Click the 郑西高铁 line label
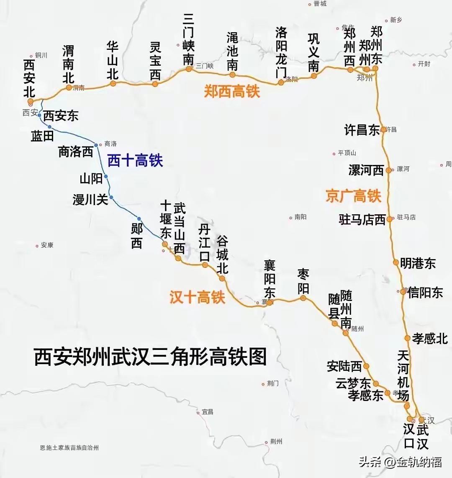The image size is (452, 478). point(232,91)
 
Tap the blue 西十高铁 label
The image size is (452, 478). point(135,160)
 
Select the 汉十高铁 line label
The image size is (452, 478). point(197,297)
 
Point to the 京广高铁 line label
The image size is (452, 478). point(354,196)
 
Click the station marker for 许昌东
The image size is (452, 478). point(383,130)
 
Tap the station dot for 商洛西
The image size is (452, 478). point(96,145)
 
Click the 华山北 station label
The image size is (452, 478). point(112,60)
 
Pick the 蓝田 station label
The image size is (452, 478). point(42,136)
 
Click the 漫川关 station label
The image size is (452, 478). point(90,200)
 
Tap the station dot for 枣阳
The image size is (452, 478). point(303,298)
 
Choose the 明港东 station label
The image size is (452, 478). point(418,263)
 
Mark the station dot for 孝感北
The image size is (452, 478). point(407,338)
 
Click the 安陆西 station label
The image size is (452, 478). point(344,366)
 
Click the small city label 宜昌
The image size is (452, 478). point(207,412)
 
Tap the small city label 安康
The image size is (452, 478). point(47,245)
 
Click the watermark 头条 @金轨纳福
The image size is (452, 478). point(400,462)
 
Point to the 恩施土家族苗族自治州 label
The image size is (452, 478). point(69,447)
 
